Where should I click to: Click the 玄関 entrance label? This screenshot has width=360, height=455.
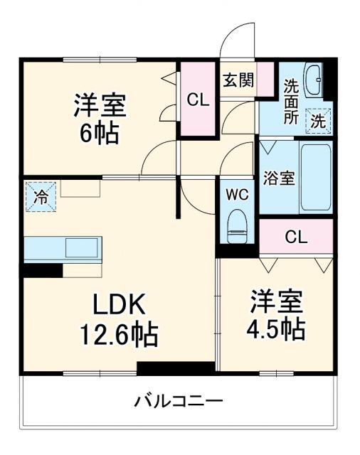[237, 80]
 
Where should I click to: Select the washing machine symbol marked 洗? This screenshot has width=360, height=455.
[319, 120]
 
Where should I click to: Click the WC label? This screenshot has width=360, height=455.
[235, 193]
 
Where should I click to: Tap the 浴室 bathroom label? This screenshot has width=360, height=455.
[278, 178]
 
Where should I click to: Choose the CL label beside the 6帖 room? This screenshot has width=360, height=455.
[198, 100]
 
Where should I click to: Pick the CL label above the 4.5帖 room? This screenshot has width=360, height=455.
[296, 237]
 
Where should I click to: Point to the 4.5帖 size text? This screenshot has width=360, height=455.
[277, 328]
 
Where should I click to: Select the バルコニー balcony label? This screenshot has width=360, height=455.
[179, 400]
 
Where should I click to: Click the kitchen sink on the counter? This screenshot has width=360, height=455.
[83, 248]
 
